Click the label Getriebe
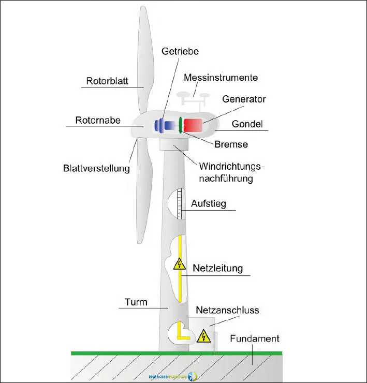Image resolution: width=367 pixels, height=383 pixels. [x=180, y=51]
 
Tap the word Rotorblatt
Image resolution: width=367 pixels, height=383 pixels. [x=107, y=81]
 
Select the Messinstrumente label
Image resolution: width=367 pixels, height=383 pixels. [x=221, y=78]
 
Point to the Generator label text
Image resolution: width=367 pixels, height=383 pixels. [x=244, y=98]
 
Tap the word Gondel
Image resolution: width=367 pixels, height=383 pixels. [x=248, y=124]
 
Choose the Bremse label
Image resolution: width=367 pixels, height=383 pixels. [x=231, y=144]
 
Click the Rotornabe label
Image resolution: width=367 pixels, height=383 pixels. [x=98, y=120]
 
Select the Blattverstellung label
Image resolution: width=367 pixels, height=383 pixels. [x=96, y=168]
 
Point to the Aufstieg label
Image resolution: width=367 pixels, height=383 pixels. [x=209, y=203]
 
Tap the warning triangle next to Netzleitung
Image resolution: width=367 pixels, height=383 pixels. [x=179, y=264]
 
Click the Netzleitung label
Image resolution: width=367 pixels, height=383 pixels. [x=217, y=268]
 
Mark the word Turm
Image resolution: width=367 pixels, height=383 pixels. [x=136, y=302]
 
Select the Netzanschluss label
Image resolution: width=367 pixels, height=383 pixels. [x=227, y=311]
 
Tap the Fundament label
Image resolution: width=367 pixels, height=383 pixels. [x=254, y=339]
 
